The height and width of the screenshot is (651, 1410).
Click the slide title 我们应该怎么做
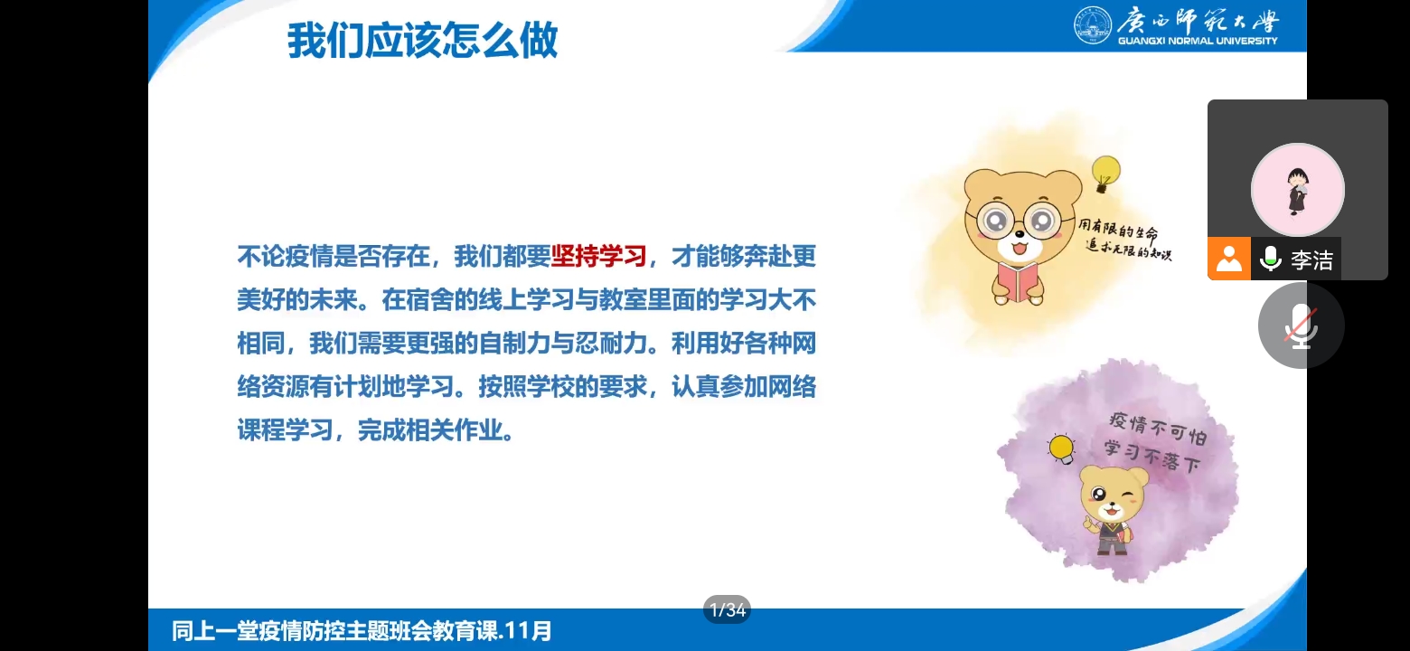422,41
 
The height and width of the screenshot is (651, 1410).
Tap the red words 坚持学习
598,256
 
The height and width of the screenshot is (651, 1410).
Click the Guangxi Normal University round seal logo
1093,24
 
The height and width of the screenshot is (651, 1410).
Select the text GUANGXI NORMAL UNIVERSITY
1198,41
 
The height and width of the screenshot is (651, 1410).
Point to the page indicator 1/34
727,609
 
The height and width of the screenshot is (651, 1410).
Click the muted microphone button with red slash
1302,325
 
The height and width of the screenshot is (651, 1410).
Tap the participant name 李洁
1311,259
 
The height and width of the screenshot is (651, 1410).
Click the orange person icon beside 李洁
1228,258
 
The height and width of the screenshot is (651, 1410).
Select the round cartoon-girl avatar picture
1298,190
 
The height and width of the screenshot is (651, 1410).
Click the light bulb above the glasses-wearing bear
1105,173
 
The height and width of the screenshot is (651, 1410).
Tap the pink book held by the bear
1018,281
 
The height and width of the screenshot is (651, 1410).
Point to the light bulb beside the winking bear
1061,448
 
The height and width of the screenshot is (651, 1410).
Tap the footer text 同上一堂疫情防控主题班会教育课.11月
362,631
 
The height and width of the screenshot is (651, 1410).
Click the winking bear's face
1113,495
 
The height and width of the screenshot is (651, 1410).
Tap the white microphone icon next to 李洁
1271,259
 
